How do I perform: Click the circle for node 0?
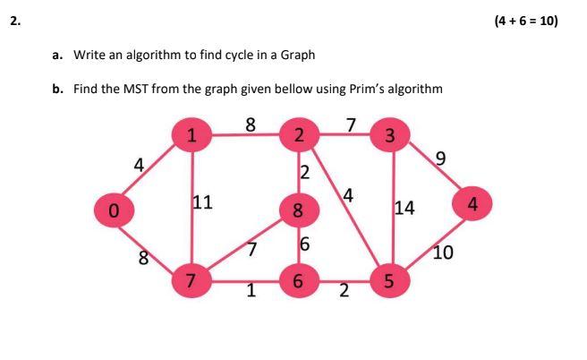click(x=113, y=211)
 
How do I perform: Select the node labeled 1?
click(x=191, y=136)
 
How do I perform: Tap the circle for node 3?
click(x=388, y=136)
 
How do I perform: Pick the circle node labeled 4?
click(x=473, y=205)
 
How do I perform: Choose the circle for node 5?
click(x=388, y=282)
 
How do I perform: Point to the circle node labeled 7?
click(x=191, y=282)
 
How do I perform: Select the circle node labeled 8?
click(x=299, y=211)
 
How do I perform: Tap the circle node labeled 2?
click(x=299, y=136)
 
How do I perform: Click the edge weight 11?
click(x=202, y=202)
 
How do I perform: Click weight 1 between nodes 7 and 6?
click(x=251, y=289)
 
